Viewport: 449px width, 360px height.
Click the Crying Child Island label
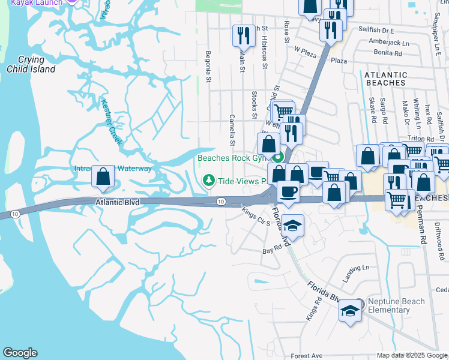(x=31, y=64)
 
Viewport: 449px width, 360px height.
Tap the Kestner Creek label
(x=111, y=122)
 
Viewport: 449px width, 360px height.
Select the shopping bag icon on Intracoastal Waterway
(x=103, y=176)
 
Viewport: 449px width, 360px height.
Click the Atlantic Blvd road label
(x=118, y=203)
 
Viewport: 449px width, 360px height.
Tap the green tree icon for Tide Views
(x=209, y=180)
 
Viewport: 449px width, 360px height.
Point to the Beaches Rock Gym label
(x=232, y=158)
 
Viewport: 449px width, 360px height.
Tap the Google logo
(x=20, y=353)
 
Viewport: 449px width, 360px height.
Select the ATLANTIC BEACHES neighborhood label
(x=385, y=80)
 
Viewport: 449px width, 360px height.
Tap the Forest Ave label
(x=307, y=356)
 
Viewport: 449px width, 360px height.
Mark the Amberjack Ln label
(x=389, y=43)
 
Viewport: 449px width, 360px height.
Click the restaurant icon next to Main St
(x=243, y=35)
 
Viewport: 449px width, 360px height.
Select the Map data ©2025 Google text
(x=411, y=355)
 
